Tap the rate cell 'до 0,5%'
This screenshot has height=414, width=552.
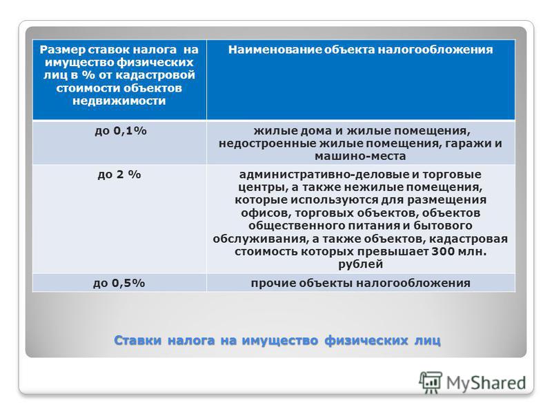pyautogui.click(x=119, y=284)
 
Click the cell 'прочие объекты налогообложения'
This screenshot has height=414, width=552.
pyautogui.click(x=360, y=284)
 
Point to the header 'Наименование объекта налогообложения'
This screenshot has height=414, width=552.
pyautogui.click(x=360, y=50)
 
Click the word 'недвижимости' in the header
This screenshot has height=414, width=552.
pyautogui.click(x=119, y=101)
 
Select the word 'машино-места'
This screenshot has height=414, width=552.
pyautogui.click(x=360, y=156)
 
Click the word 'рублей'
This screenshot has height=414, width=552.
pyautogui.click(x=360, y=264)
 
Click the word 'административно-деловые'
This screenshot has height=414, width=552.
pyautogui.click(x=323, y=175)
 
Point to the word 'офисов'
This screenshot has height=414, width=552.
pyautogui.click(x=266, y=213)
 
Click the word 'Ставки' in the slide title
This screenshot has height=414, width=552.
pyautogui.click(x=137, y=340)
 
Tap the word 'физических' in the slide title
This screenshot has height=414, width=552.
pyautogui.click(x=366, y=340)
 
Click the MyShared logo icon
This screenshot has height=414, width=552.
pyautogui.click(x=431, y=382)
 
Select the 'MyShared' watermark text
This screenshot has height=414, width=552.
pyautogui.click(x=486, y=383)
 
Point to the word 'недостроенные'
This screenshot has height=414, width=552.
pyautogui.click(x=268, y=144)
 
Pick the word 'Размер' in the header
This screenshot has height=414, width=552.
pyautogui.click(x=62, y=50)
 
